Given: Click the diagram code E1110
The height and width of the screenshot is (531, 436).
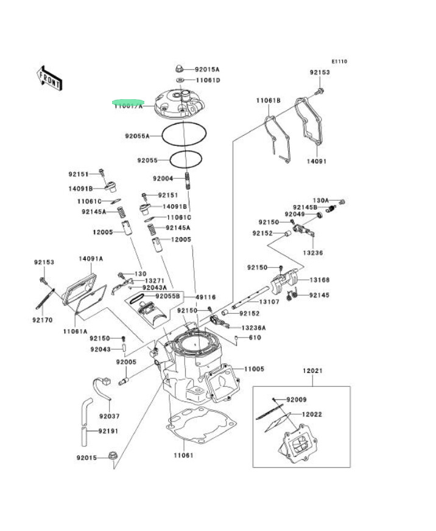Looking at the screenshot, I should pyautogui.click(x=339, y=61).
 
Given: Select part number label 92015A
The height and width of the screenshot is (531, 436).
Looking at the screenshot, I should pyautogui.click(x=208, y=70).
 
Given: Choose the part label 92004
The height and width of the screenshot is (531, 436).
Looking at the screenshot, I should pyautogui.click(x=163, y=179).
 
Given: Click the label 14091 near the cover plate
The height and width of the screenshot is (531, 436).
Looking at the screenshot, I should pyautogui.click(x=317, y=162).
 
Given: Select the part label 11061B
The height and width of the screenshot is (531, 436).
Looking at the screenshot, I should pyautogui.click(x=268, y=100).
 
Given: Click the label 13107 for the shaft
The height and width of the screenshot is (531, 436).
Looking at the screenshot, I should pyautogui.click(x=269, y=302).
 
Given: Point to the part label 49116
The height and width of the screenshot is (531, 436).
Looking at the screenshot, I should pyautogui.click(x=206, y=297).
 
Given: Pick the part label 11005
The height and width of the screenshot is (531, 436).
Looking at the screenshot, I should pyautogui.click(x=255, y=369).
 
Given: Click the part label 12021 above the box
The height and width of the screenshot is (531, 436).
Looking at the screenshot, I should pyautogui.click(x=312, y=370).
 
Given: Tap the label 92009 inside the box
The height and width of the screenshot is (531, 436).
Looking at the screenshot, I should pyautogui.click(x=297, y=400).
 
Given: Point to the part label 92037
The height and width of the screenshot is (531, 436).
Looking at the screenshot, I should pyautogui.click(x=110, y=417).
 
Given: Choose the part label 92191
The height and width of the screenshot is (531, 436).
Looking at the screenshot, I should pyautogui.click(x=108, y=431).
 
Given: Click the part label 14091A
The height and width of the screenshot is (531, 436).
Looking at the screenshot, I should pyautogui.click(x=91, y=259).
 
